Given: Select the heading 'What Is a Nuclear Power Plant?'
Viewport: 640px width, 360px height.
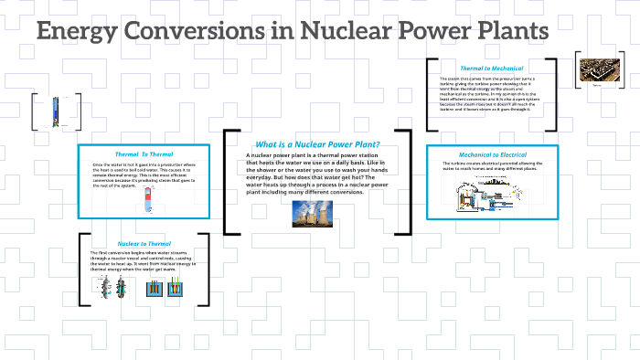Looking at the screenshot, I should point(316,144).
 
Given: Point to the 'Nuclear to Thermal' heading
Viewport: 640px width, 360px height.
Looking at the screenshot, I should point(144,244).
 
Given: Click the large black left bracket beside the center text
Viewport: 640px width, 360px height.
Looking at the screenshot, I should point(229,183).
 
